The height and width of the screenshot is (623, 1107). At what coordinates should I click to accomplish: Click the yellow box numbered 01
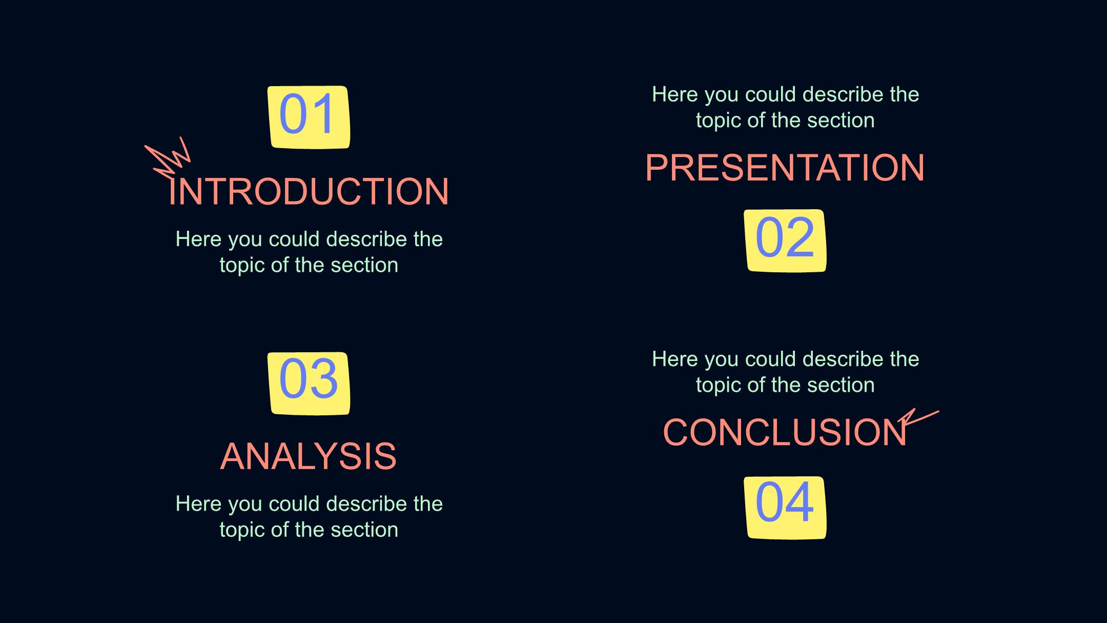point(309,117)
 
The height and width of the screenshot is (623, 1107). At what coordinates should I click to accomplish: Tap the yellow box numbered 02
point(785,240)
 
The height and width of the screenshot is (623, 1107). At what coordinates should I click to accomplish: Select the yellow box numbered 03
point(309,384)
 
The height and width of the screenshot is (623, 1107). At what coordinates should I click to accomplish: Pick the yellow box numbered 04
point(785,508)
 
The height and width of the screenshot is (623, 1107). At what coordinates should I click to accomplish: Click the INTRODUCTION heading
point(309,192)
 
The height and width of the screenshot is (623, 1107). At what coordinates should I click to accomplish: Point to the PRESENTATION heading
point(785,168)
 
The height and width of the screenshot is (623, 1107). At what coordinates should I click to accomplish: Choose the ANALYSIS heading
point(309,456)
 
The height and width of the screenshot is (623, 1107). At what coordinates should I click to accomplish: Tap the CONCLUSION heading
point(785,432)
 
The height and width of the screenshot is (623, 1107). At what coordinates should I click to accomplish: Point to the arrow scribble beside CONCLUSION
point(918,418)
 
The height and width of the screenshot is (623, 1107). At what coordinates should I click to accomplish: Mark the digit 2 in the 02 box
point(799,237)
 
